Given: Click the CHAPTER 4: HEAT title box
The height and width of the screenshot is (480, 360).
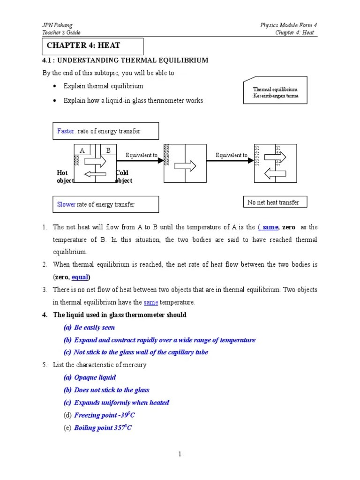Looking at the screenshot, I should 92,46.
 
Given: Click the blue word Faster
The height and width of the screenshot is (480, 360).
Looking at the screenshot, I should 66,131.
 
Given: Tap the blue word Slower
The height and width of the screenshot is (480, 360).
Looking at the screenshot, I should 66,204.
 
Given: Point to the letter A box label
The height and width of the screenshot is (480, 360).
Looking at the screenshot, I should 82,150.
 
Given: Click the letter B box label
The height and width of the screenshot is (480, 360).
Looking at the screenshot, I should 108,150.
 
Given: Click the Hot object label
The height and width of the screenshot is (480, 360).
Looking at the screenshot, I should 65,177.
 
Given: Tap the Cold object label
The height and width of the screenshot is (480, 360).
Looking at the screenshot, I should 124,177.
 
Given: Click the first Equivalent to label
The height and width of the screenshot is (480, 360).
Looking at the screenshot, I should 141,155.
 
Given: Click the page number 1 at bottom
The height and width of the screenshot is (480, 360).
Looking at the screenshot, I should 180,454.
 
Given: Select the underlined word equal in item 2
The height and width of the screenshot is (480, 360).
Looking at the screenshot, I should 80,277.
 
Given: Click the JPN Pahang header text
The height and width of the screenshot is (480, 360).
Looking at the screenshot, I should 58,25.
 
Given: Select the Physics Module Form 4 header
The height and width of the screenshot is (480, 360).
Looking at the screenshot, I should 289,25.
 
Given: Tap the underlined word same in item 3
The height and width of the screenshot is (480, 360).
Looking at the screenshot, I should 150,302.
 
